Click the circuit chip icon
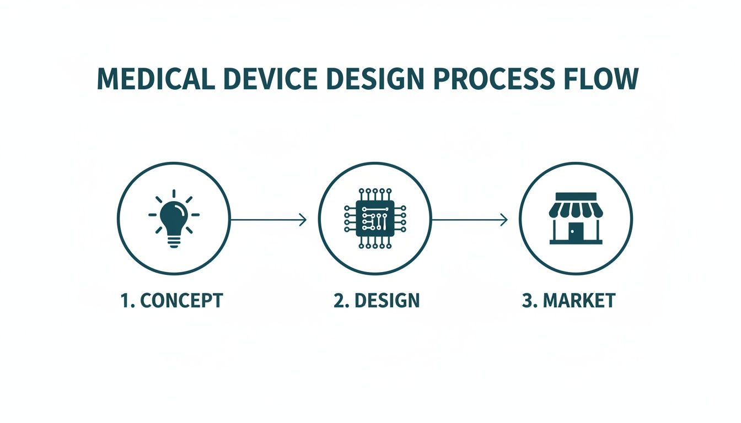[x=375, y=219]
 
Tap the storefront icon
[x=576, y=218]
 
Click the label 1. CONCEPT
[x=172, y=301]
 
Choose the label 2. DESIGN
[x=377, y=301]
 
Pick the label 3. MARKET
[x=568, y=301]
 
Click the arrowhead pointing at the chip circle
[x=303, y=220]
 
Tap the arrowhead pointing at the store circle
[x=503, y=220]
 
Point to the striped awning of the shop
[x=576, y=209]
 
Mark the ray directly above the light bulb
[x=174, y=193]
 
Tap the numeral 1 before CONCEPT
[x=124, y=301]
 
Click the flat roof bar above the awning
[x=576, y=196]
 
